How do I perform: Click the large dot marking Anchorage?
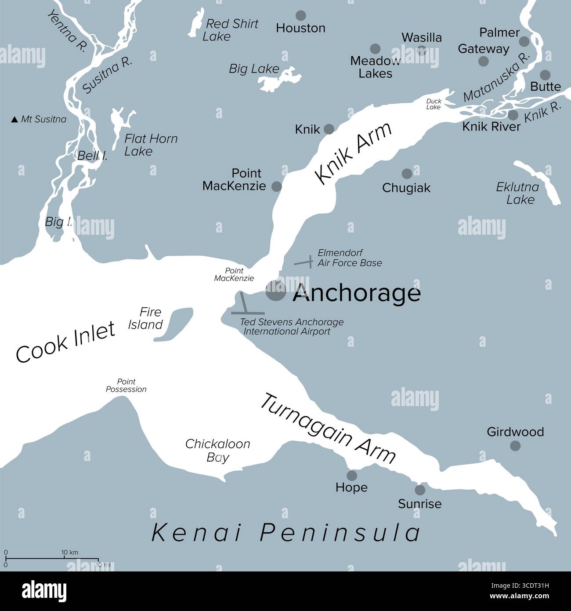276,291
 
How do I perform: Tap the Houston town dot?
301,16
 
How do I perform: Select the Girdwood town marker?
515,446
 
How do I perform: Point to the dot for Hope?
352,475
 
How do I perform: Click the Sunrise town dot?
420,490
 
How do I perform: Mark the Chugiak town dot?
407,173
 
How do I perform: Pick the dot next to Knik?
329,129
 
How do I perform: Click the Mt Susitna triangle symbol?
14,119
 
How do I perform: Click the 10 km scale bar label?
70,552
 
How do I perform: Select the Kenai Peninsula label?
286,533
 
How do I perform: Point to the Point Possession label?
126,386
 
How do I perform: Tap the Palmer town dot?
524,41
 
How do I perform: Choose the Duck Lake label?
434,104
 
